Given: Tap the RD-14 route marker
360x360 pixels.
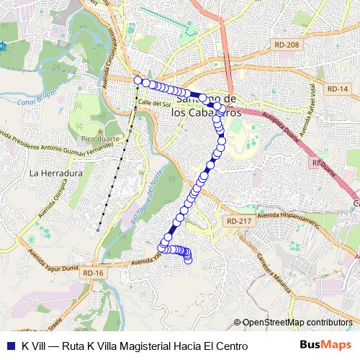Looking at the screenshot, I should click(x=336, y=88).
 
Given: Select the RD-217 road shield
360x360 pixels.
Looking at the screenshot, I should click(x=234, y=221).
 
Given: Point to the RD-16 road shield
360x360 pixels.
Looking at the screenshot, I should click(x=94, y=273).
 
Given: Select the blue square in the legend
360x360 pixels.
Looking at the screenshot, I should click(x=10, y=346).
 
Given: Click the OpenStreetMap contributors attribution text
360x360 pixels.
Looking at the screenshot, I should click(x=296, y=323).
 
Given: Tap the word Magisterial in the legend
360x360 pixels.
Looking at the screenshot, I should click(x=140, y=346).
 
